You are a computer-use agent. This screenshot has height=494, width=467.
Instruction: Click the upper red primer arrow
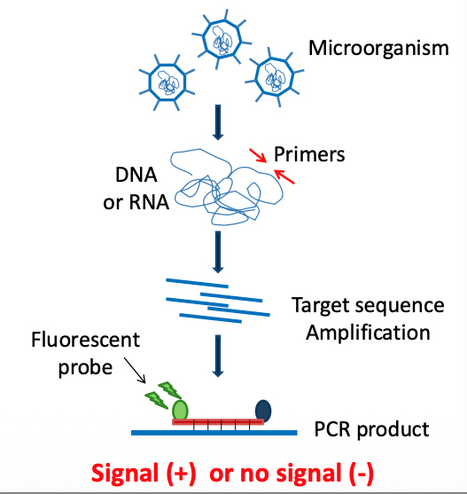click(x=255, y=157)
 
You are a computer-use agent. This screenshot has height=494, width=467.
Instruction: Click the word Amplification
click(x=362, y=333)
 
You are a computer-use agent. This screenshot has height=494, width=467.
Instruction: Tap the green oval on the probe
click(x=180, y=409)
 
